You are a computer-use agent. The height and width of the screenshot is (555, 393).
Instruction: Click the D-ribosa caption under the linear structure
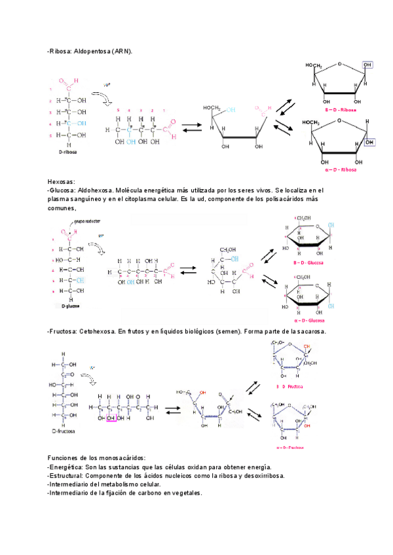(x=66, y=150)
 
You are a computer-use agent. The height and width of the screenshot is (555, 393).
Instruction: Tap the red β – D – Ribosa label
(x=341, y=111)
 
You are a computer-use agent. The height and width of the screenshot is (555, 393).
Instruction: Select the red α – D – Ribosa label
(x=341, y=170)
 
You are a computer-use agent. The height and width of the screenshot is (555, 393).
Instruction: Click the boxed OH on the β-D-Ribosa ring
(x=367, y=65)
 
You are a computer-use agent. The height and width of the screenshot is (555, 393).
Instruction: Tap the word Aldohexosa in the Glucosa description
(x=101, y=190)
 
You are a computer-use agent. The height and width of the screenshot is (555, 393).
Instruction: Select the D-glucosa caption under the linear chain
(x=71, y=306)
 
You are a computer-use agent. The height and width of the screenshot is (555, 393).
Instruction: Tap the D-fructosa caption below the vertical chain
(x=64, y=432)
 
